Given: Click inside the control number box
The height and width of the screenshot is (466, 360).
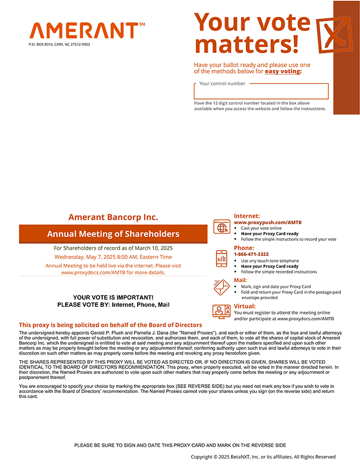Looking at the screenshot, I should pos(261,92).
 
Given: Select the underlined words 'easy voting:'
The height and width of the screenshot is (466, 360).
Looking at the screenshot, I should pos(283,71).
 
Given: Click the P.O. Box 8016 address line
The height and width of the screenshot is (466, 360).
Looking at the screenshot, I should pos(59,44).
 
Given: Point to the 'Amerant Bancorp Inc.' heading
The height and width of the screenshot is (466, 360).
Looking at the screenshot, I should pos(113,217).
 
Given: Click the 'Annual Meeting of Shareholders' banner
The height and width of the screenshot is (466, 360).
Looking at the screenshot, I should pos(113,234).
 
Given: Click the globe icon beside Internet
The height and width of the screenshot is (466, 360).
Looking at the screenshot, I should pos(221,227).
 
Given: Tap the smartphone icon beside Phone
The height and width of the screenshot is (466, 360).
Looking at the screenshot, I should pos(221,258).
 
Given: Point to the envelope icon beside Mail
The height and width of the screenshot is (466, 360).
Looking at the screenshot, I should pos(221,286).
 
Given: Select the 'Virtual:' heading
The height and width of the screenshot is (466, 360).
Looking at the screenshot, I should pos(245,306).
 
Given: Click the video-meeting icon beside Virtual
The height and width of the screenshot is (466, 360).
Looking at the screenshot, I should pos(221,311).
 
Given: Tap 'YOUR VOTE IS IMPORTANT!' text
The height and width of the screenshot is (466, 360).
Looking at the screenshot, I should pos(113,298).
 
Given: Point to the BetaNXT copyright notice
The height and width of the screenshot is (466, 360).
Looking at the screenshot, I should pos(263,456).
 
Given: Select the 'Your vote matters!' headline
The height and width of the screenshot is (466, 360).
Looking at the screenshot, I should pos(251,33).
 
